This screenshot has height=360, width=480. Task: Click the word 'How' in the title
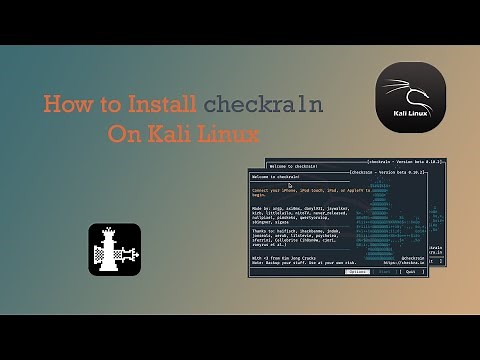pyautogui.click(x=65, y=105)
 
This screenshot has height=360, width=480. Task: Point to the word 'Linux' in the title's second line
pyautogui.click(x=233, y=134)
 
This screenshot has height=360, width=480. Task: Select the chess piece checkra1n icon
pyautogui.click(x=114, y=249)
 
